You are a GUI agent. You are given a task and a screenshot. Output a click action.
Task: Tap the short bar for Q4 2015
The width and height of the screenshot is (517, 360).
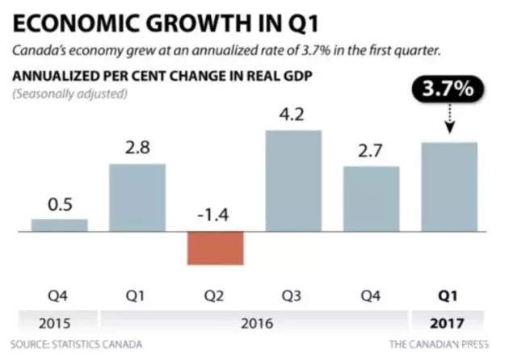(60, 225)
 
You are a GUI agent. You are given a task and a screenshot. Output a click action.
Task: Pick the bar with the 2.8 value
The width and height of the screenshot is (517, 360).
(137, 198)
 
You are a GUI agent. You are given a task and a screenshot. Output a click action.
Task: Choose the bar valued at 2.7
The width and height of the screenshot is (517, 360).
(372, 199)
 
